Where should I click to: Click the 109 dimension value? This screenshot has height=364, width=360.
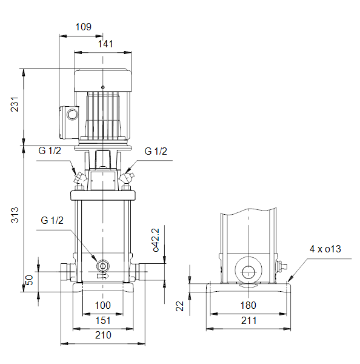84,27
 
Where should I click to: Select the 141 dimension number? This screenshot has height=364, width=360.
105,44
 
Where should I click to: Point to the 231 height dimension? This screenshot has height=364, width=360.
15,104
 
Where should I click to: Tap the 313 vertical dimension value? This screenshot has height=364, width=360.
15,215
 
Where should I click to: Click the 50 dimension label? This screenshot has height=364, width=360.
29,280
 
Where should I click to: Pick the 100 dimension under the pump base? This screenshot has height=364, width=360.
103,305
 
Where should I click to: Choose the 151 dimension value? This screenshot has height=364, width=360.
103,320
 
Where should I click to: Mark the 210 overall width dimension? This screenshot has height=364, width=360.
103,335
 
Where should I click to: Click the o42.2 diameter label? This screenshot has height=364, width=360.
156,240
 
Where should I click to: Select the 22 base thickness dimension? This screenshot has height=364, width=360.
179,306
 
